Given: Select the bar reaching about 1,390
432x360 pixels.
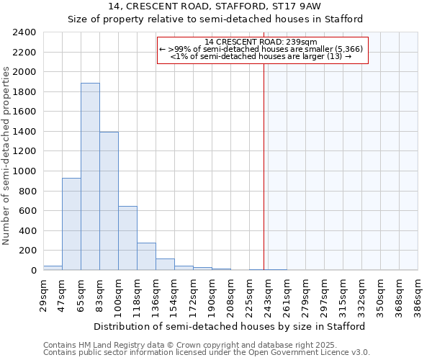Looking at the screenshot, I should pos(109,201).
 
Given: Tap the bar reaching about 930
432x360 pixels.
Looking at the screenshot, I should pos(71,224).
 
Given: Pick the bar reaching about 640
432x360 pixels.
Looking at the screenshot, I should pos(127,238).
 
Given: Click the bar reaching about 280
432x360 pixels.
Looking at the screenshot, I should pos(146,256).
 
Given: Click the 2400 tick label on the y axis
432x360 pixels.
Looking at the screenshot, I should pos(24,32).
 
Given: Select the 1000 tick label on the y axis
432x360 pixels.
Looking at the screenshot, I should pos(24,171).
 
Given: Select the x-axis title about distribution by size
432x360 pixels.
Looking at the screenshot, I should pos(230,326).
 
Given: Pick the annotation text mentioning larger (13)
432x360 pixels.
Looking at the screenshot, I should pos(260,56).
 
